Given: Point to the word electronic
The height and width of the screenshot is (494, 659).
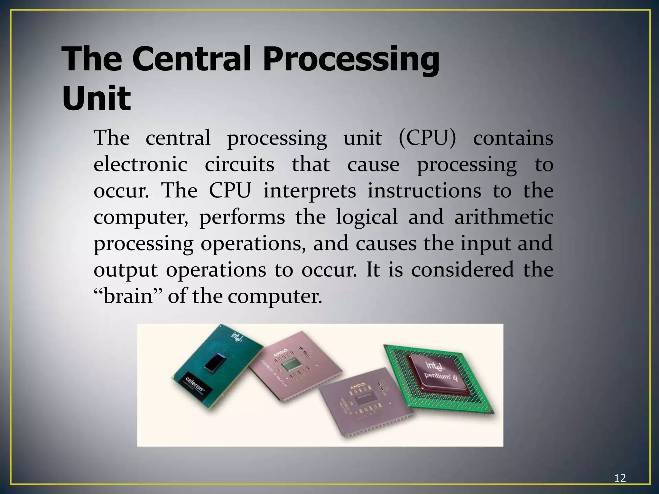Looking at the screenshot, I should click(140, 165).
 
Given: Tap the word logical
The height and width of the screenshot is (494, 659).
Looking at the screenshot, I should click(367, 217).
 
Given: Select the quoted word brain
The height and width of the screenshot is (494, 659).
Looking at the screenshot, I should click(128, 296).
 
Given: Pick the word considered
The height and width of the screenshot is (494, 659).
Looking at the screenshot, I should click(462, 270).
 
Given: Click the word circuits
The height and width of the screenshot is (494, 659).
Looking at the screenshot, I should click(239, 165).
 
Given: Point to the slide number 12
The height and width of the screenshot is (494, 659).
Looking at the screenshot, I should click(620, 478).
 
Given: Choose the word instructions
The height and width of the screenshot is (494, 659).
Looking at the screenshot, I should click(424, 191).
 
